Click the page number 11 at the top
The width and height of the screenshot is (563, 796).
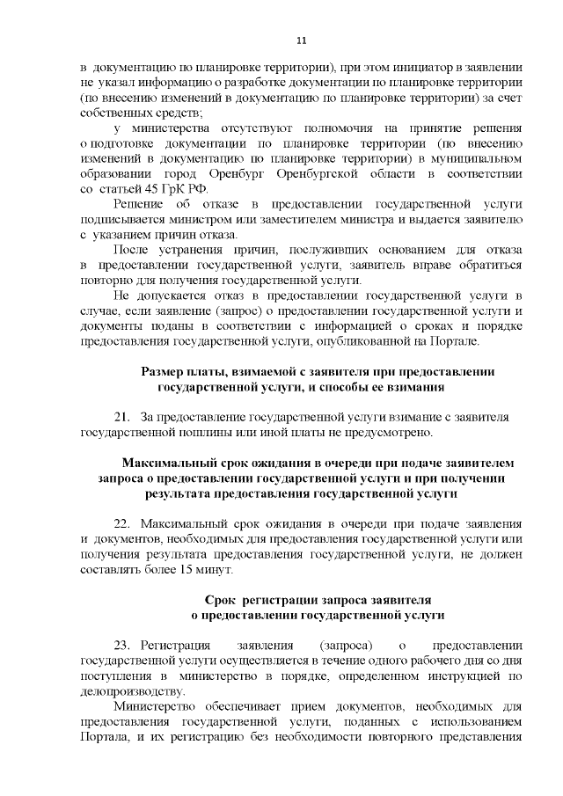tap(302, 40)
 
